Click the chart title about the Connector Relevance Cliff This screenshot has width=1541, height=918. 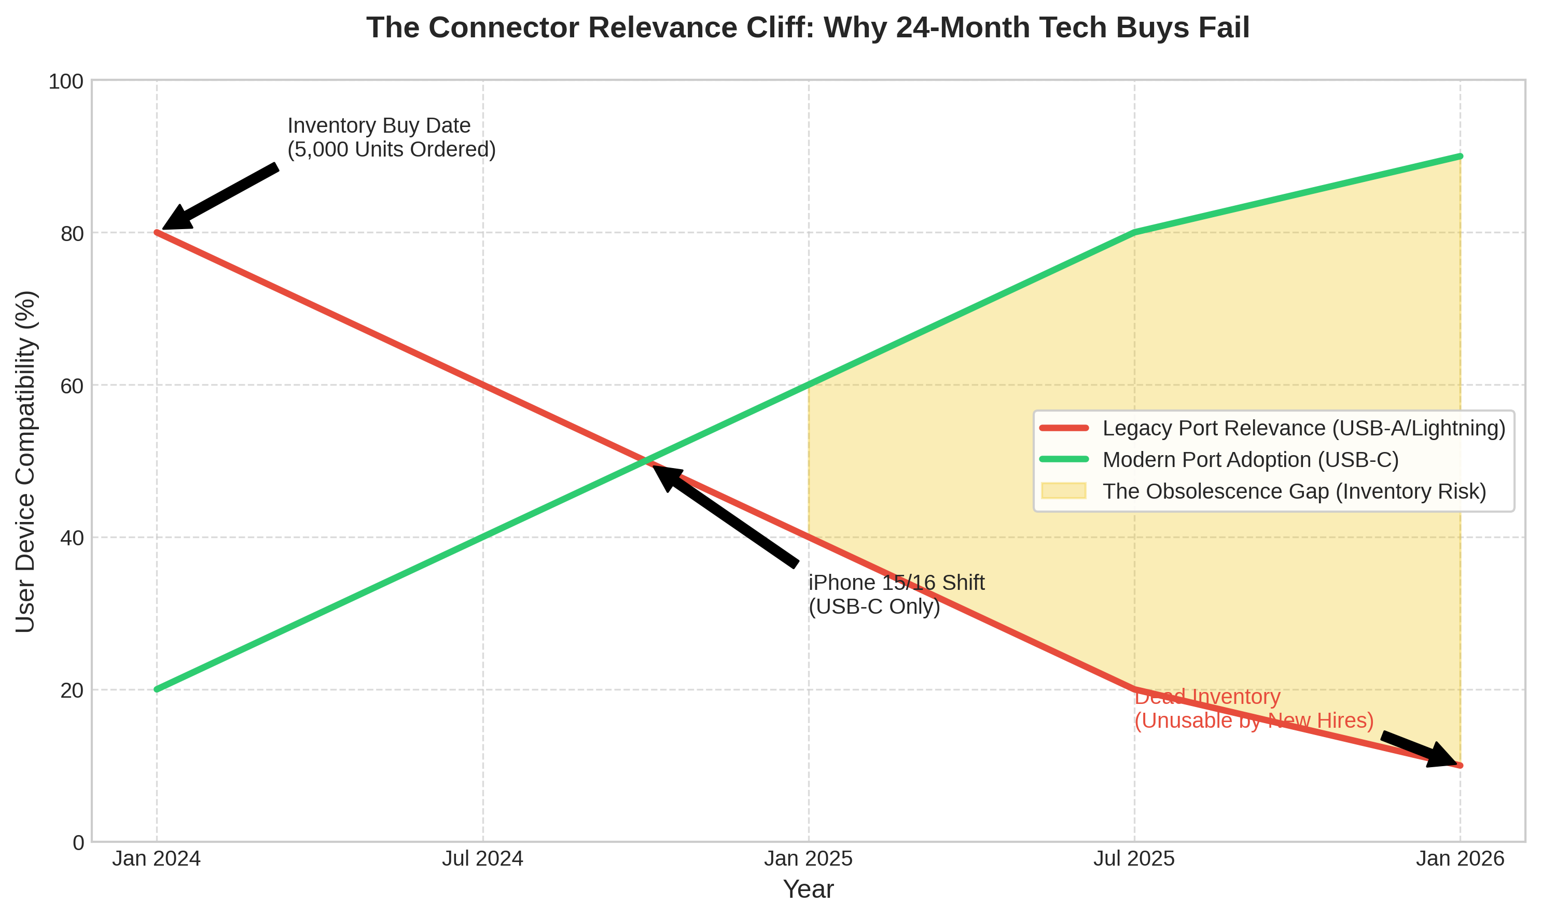(x=808, y=29)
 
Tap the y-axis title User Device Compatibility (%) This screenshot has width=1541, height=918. (x=26, y=461)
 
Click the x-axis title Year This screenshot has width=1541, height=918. (x=808, y=889)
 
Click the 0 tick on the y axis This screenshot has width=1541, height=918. (x=79, y=842)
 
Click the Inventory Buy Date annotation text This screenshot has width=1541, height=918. (x=391, y=137)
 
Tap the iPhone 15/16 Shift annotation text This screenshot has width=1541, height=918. (x=896, y=595)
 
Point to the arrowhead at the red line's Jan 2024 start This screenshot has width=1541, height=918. (x=176, y=218)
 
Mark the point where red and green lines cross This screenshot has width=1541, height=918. (x=645, y=461)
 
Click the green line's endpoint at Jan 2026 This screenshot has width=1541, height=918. (x=1460, y=157)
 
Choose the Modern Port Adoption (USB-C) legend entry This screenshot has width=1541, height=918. (x=1250, y=460)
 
